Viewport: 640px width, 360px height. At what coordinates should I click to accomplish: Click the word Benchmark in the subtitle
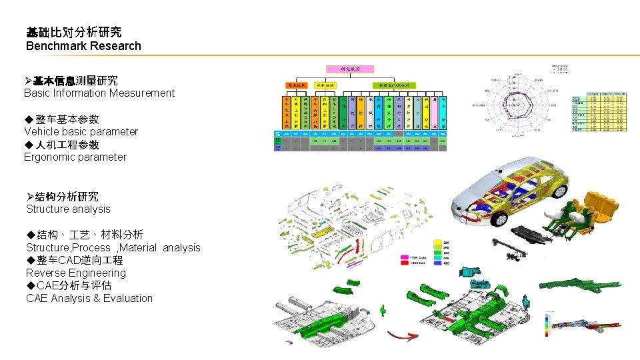point(55,46)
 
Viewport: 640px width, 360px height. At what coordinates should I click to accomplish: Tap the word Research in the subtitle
point(114,46)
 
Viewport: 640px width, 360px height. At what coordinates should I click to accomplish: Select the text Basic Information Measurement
point(99,93)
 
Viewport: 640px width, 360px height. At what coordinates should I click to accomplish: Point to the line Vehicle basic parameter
point(81,132)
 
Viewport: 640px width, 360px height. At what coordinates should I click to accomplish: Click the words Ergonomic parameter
point(75,157)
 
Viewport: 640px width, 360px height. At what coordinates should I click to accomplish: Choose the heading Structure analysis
point(68,209)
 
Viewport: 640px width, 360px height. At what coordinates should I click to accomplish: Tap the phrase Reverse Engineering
point(75,273)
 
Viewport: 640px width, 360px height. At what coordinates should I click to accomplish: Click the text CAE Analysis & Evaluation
point(89,299)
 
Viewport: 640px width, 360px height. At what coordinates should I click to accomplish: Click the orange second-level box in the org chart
point(296,85)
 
